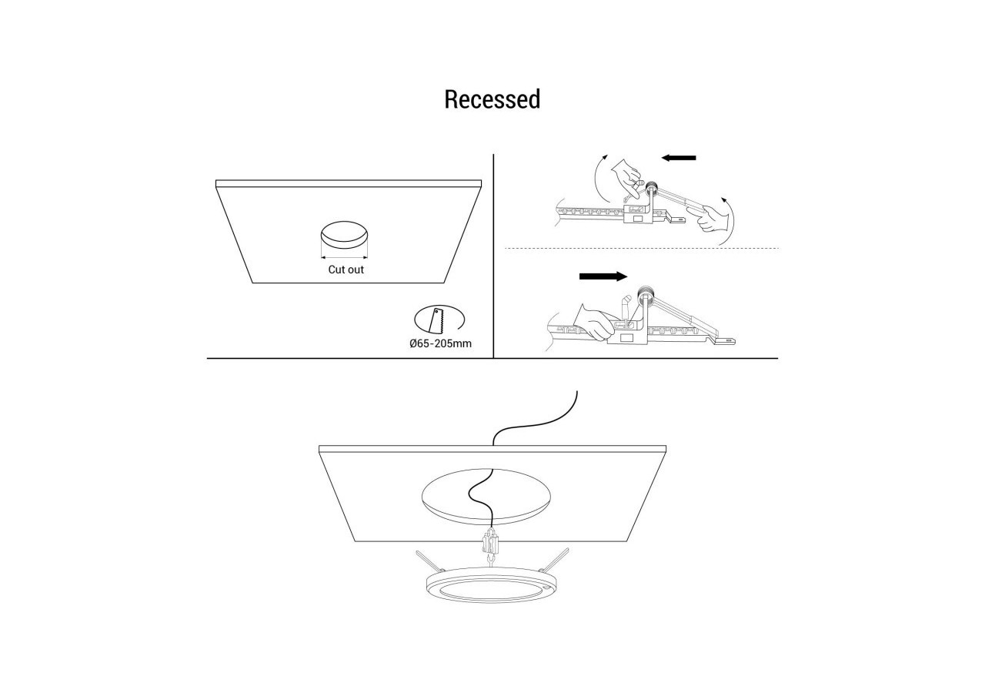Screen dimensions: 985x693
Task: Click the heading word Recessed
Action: click(492, 99)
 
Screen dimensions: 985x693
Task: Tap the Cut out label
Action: click(346, 269)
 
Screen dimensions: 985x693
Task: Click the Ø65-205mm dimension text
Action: click(440, 343)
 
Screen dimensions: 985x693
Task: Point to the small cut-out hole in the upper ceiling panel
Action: click(344, 234)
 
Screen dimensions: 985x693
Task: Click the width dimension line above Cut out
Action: click(344, 257)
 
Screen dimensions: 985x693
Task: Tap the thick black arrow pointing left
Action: click(679, 158)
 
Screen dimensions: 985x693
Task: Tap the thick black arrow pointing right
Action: click(603, 276)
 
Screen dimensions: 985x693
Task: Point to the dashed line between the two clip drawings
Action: click(642, 249)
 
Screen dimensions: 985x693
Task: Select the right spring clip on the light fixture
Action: click(555, 560)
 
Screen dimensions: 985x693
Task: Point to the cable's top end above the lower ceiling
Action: click(576, 391)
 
